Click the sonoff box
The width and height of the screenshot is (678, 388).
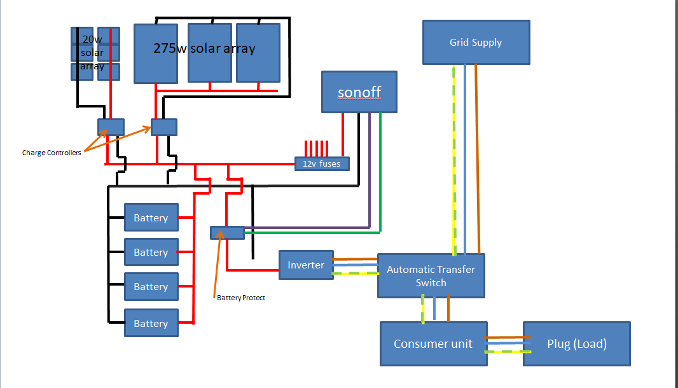point(359,92)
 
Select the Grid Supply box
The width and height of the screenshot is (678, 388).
point(476,42)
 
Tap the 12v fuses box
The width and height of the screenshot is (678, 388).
point(322,163)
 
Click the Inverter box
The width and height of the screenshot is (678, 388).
point(306,265)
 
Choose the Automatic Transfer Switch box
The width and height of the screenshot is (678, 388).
point(431,276)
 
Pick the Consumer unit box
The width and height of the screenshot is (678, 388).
point(433,343)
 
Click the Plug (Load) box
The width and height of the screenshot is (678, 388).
point(576,343)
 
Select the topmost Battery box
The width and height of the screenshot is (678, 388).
point(151,218)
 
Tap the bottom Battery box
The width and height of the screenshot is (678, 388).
point(151,324)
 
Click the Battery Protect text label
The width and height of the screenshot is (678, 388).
point(240,298)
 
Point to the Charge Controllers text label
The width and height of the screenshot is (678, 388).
point(52,153)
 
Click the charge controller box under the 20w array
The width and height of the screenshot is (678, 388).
point(111,127)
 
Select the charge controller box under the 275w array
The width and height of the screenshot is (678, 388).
point(164,127)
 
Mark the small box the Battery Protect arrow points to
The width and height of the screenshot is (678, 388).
point(227,233)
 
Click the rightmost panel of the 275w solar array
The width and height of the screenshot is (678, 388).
point(258,53)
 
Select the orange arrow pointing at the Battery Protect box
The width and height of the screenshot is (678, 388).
point(219,261)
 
